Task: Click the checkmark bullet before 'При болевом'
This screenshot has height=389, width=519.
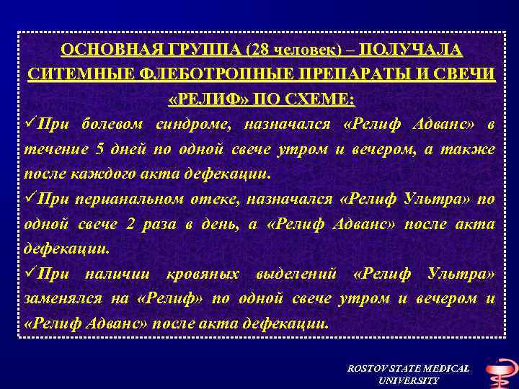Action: [30, 124]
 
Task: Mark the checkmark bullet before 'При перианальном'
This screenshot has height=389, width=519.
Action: [30, 199]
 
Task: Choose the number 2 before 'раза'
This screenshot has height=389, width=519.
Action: [130, 224]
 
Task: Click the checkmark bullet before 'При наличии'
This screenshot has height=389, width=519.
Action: [30, 274]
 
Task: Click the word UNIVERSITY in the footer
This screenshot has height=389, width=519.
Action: [408, 380]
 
